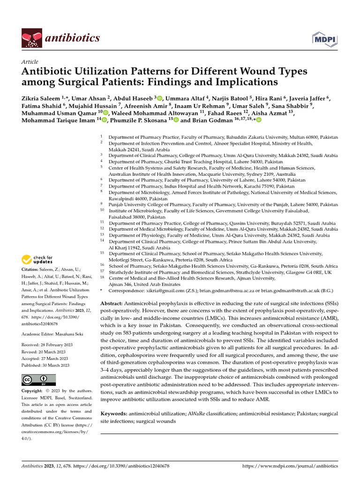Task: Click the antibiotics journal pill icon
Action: point(30,37)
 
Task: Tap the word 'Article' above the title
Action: point(30,62)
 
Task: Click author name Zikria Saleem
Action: point(40,98)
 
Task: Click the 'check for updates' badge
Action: point(37,260)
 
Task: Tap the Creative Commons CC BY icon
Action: point(38,380)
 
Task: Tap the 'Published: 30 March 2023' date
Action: point(46,365)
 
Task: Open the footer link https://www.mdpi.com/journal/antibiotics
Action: point(290,466)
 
